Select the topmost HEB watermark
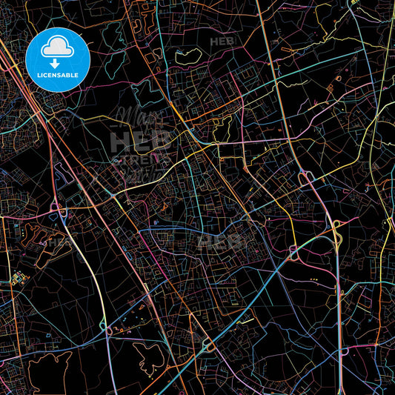point(221,42)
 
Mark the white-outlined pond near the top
point(188,55)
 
